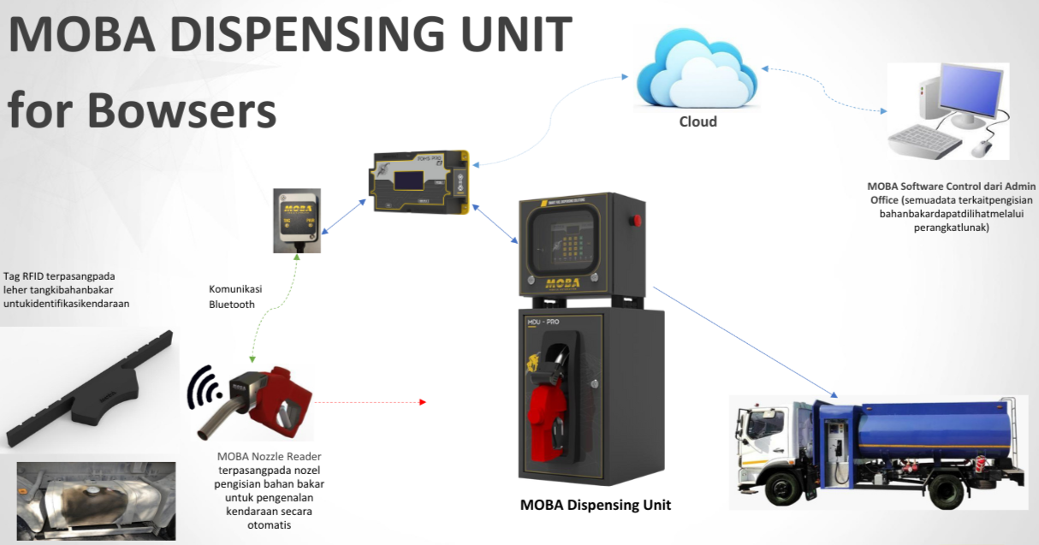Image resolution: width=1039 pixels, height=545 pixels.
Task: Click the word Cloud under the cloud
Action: (x=698, y=121)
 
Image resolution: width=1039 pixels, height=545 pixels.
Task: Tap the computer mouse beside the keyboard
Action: (x=981, y=147)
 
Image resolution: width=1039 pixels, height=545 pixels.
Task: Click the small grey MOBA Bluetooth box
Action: (x=297, y=220)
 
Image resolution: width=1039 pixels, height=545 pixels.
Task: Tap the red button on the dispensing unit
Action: (x=635, y=222)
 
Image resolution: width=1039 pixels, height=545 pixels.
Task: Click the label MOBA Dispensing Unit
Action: (x=596, y=505)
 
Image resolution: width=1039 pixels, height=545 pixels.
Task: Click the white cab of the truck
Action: (x=770, y=436)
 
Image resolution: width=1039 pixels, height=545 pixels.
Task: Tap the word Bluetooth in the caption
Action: (x=232, y=304)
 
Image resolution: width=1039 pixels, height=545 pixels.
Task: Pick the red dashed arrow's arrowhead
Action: (x=422, y=400)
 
